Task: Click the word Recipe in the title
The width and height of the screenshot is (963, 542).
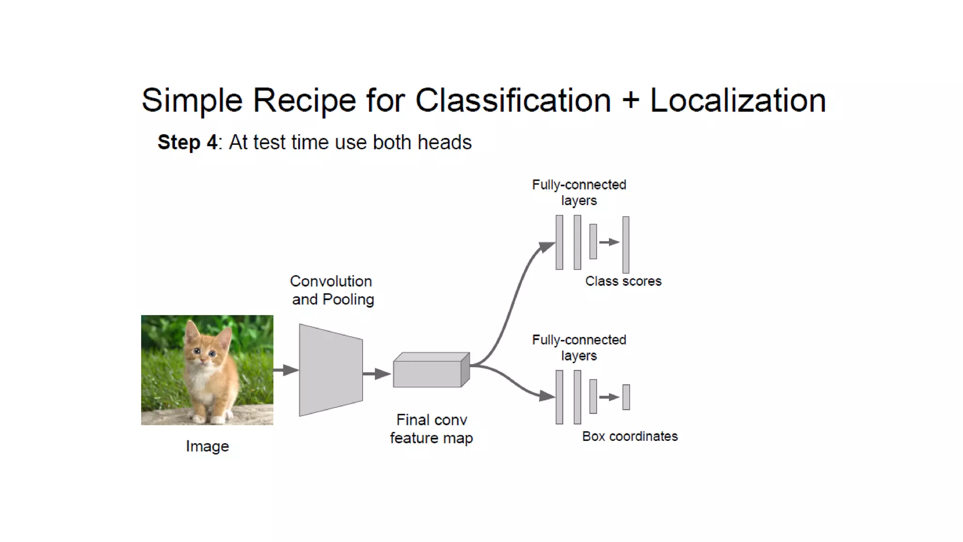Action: (x=304, y=100)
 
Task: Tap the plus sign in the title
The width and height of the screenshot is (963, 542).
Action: (x=630, y=101)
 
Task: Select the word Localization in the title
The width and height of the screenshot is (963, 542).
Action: (x=738, y=100)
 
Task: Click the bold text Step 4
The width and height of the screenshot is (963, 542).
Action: (x=187, y=142)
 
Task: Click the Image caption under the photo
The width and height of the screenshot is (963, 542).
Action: (x=207, y=446)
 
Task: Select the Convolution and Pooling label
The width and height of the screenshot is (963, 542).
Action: (x=332, y=290)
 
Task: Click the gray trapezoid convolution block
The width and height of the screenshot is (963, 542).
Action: (x=330, y=370)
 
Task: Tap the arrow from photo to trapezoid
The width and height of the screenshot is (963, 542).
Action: (x=286, y=370)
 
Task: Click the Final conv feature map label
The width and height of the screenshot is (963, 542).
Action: (x=431, y=429)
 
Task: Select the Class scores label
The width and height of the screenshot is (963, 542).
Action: (x=623, y=281)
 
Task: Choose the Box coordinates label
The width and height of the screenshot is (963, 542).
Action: (x=630, y=437)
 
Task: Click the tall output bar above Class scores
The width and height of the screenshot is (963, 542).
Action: (x=626, y=245)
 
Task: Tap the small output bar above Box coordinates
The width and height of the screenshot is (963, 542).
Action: (x=626, y=397)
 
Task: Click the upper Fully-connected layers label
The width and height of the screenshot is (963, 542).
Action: (x=579, y=192)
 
